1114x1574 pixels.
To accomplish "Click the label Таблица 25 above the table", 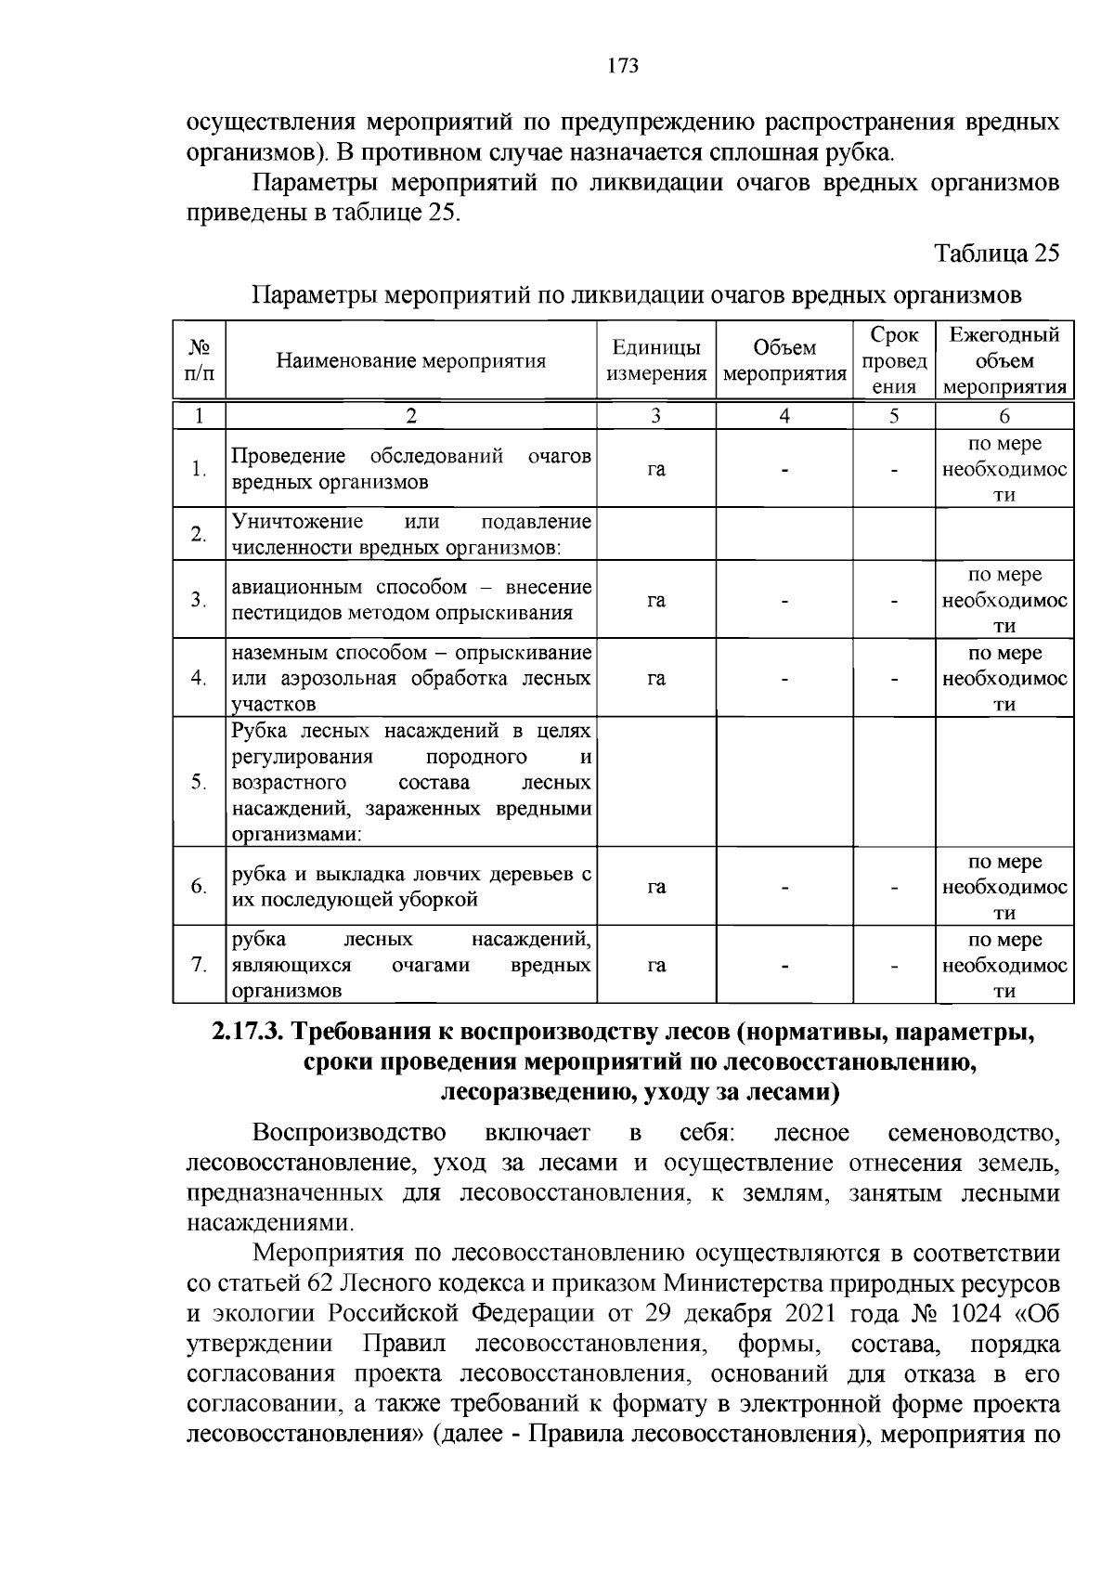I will point(996,254).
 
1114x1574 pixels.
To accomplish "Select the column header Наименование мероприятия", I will point(411,361).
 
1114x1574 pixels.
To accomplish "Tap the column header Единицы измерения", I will point(656,361).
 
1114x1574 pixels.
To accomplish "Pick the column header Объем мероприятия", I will point(784,361).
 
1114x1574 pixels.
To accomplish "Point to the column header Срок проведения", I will point(894,361).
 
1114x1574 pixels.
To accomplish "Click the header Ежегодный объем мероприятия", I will point(1004,361).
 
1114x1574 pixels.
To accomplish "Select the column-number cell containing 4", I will point(784,416).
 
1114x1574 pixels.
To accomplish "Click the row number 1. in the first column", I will point(199,470).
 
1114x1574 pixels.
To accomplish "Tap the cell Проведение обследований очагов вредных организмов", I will point(411,470).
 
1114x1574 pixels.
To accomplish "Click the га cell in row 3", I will point(656,600).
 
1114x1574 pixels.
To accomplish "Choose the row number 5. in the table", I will point(199,782).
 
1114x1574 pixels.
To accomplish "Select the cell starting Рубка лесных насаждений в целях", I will point(411,782).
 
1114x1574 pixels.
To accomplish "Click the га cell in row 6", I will point(656,887).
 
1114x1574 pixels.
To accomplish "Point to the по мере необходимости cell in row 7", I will point(1004,965).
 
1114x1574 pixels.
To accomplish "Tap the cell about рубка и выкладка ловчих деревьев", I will point(411,887).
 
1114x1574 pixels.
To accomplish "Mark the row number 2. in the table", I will point(199,534).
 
